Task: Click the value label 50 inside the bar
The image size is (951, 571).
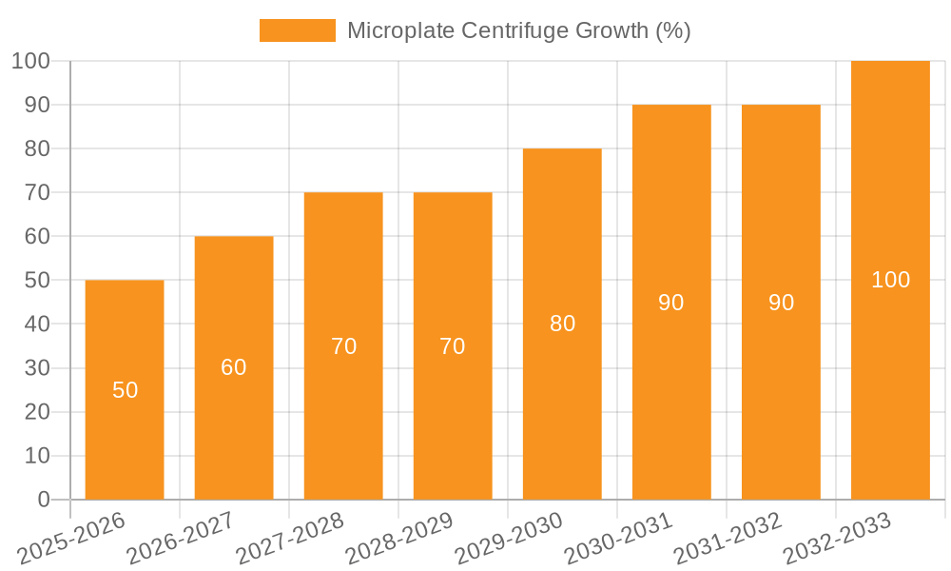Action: (125, 390)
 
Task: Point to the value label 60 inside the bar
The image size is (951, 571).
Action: (234, 367)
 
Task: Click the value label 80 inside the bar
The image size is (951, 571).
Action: (562, 324)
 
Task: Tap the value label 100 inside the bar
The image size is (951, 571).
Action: (890, 280)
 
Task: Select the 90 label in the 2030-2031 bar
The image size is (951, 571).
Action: (671, 303)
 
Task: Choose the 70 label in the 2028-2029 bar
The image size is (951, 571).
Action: (453, 346)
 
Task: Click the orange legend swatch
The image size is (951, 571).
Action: (297, 30)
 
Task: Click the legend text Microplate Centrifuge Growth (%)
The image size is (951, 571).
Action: (518, 30)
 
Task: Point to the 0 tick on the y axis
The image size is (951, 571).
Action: (43, 500)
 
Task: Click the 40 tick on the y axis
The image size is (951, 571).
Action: (37, 325)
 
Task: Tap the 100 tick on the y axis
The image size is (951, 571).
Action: (30, 61)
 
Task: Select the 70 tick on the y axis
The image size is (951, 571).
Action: (37, 192)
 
